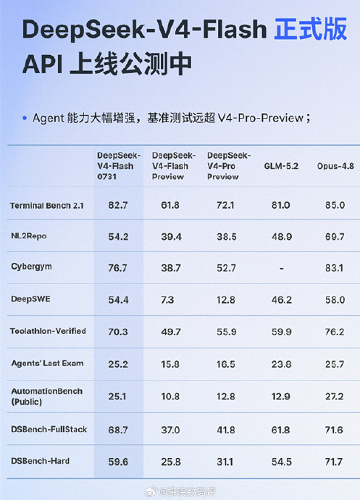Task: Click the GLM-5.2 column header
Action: (x=281, y=166)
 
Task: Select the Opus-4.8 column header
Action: (x=335, y=166)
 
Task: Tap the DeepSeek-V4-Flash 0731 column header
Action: (x=119, y=166)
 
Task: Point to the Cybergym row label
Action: (x=31, y=267)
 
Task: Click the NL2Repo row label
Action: (x=29, y=236)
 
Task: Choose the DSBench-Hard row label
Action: (x=40, y=461)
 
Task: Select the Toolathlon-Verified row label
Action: (x=48, y=331)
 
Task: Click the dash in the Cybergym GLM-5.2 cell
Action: (x=281, y=269)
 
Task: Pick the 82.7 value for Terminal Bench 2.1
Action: (x=118, y=205)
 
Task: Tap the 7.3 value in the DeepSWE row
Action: (x=167, y=300)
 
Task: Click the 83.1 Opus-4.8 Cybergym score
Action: (x=334, y=268)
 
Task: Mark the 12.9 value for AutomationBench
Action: (x=281, y=396)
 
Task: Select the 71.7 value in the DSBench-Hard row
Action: (x=334, y=462)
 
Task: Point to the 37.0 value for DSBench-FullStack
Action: (x=171, y=430)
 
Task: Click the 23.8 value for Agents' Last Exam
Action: (x=281, y=364)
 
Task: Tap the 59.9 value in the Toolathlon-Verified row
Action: (x=281, y=332)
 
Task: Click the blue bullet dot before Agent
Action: (x=25, y=118)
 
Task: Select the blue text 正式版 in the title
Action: (x=310, y=29)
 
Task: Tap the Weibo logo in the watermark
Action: (x=151, y=491)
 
